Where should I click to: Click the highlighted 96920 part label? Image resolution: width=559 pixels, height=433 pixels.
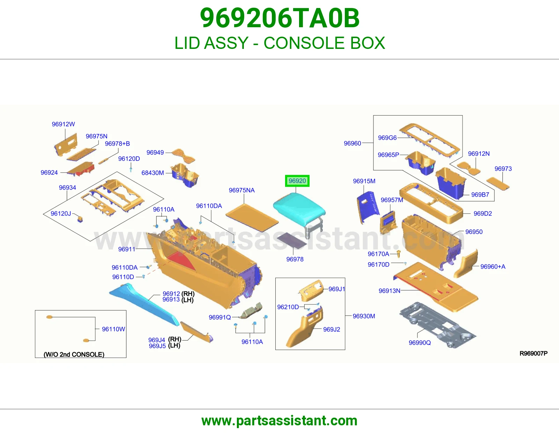click(297, 181)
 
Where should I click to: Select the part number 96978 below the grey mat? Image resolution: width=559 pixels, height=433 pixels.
click(295, 259)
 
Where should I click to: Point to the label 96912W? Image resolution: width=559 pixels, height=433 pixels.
click(63, 124)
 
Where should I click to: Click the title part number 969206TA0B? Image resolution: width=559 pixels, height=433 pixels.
click(279, 18)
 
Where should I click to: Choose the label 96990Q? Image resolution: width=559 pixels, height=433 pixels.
click(420, 343)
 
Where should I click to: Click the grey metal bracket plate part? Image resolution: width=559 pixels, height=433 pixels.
click(438, 325)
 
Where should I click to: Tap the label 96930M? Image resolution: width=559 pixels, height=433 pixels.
click(364, 316)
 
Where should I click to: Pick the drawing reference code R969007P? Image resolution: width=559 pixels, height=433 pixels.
click(533, 353)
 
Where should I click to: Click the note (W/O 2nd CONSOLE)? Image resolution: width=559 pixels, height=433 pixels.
click(74, 354)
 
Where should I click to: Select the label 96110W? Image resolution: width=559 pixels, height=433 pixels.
click(114, 329)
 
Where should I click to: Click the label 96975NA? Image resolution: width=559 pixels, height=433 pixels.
click(241, 190)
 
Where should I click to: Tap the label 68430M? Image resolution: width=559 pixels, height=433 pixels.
click(153, 173)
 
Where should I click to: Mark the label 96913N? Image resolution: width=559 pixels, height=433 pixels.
click(390, 291)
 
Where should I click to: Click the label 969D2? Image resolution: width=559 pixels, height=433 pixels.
click(482, 213)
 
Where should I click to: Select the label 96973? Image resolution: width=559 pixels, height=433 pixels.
click(503, 169)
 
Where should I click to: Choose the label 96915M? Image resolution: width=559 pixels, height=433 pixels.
click(364, 181)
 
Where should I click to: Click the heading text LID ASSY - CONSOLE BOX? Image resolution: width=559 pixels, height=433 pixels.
click(279, 43)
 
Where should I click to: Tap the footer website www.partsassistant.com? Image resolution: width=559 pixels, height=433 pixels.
click(279, 421)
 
